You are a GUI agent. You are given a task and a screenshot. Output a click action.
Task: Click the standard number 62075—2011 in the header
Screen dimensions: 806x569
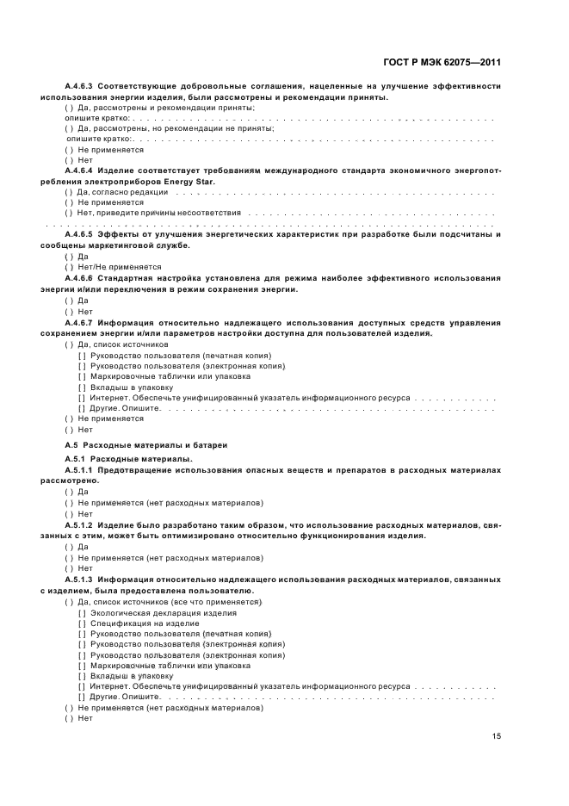pyautogui.click(x=471, y=62)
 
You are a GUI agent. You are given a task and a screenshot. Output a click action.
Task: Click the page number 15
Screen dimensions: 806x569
pyautogui.click(x=497, y=736)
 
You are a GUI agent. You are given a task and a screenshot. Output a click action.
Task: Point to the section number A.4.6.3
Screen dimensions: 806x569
pyautogui.click(x=83, y=87)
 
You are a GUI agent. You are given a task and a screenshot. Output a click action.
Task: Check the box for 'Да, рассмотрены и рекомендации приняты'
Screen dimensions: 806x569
pyautogui.click(x=69, y=108)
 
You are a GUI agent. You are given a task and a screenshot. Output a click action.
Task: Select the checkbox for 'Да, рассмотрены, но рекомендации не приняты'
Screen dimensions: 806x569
pyautogui.click(x=69, y=128)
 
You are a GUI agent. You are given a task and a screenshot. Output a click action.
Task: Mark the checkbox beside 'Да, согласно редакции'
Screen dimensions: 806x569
pyautogui.click(x=69, y=192)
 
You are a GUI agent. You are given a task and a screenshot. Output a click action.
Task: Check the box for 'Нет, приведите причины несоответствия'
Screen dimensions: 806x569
pyautogui.click(x=69, y=213)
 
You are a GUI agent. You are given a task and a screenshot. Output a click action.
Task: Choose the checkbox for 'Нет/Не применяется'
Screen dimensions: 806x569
pyautogui.click(x=69, y=267)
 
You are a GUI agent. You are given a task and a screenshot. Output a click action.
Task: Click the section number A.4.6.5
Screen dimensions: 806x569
pyautogui.click(x=83, y=235)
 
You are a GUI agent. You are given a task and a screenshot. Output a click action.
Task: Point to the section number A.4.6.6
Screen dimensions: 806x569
pyautogui.click(x=83, y=277)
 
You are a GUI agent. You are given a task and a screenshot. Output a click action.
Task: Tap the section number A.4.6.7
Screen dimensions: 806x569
pyautogui.click(x=83, y=323)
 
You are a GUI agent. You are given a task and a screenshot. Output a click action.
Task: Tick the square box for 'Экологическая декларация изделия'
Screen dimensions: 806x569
pyautogui.click(x=82, y=613)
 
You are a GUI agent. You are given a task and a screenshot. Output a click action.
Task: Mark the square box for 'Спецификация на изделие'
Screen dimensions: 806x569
pyautogui.click(x=82, y=623)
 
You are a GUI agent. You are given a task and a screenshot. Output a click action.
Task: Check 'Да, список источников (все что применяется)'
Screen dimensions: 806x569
pyautogui.click(x=69, y=603)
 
